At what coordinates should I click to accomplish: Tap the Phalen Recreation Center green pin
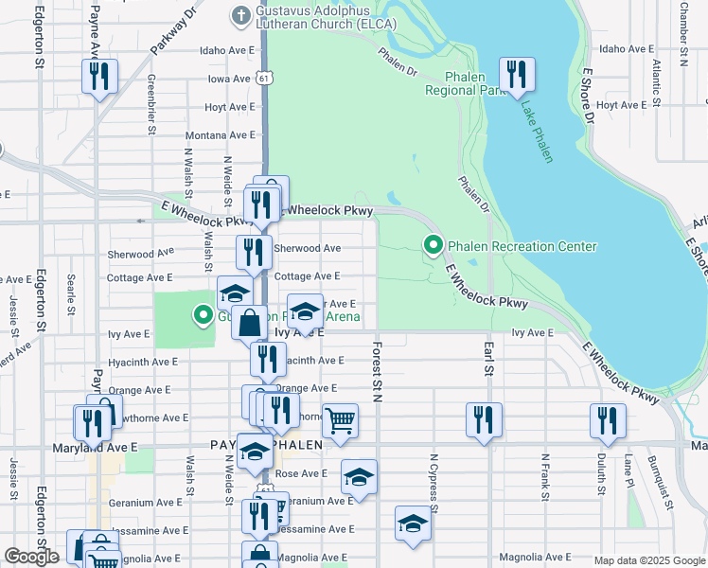[x=434, y=246]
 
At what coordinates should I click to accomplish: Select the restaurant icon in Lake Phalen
[x=516, y=75]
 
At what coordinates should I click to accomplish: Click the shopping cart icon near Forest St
[x=340, y=419]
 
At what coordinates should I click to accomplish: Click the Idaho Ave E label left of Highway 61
[x=228, y=51]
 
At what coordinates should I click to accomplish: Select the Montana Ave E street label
[x=221, y=135]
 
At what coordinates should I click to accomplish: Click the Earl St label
[x=489, y=365]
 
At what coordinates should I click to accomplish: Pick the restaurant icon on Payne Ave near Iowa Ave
[x=99, y=76]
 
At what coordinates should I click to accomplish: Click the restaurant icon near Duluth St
[x=607, y=419]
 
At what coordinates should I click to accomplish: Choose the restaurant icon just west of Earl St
[x=483, y=419]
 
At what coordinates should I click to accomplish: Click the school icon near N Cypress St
[x=413, y=524]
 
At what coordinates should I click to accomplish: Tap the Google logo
[x=32, y=557]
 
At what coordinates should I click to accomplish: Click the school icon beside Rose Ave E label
[x=358, y=477]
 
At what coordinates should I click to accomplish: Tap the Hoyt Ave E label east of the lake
[x=621, y=106]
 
